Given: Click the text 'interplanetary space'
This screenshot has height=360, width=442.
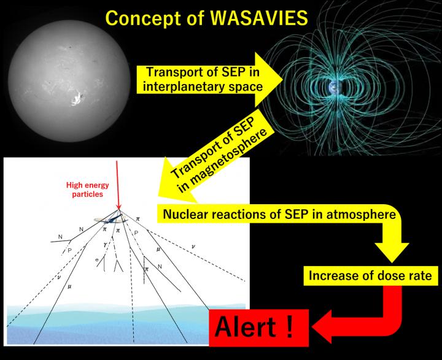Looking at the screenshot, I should point(203,86).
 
